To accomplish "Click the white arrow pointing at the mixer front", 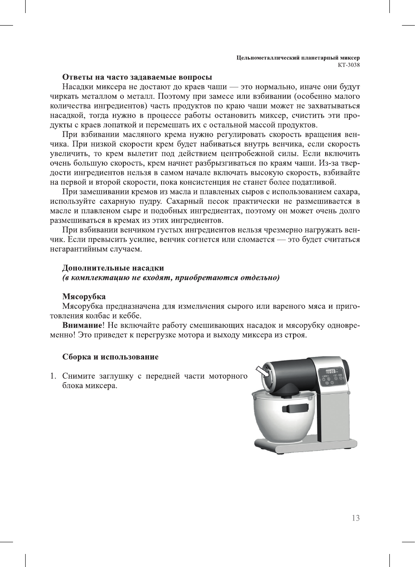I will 262,371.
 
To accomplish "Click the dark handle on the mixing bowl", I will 294,408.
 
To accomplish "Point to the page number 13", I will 356,518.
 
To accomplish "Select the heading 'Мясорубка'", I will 84,297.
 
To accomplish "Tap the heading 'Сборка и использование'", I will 110,357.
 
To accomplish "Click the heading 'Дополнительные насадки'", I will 113,268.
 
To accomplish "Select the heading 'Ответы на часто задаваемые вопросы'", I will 137,77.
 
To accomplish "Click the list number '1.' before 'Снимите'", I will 53,376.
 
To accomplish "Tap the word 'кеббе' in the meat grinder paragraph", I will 131,316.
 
